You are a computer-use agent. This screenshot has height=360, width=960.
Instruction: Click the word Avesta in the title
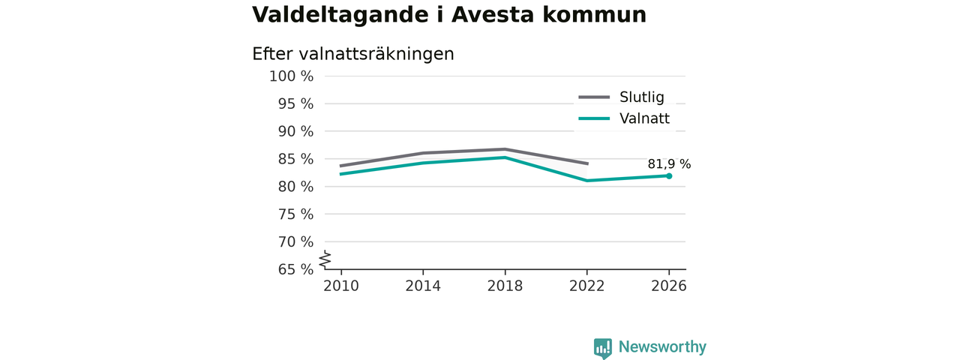pos(493,15)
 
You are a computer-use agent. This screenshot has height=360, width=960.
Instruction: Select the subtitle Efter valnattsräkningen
pos(352,55)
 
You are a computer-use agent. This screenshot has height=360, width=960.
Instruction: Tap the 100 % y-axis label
pos(292,76)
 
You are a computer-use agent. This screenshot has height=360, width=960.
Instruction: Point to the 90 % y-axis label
pos(295,131)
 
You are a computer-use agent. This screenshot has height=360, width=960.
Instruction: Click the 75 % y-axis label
pos(295,214)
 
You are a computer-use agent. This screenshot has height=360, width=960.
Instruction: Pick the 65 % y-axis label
pos(295,269)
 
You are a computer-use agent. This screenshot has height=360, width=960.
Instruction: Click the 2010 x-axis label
pos(341,286)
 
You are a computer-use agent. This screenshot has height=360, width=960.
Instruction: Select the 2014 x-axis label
pos(423,286)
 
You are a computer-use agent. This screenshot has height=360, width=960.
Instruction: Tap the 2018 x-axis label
pos(505,286)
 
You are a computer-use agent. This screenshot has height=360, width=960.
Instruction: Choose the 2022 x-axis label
pos(586,286)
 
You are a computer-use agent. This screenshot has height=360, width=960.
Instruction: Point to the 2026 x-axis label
pos(668,286)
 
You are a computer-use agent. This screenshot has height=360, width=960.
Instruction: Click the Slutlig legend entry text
pos(641,97)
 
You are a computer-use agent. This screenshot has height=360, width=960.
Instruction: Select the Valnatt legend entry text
pos(644,118)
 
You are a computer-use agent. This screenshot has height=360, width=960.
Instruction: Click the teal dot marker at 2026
pos(669,175)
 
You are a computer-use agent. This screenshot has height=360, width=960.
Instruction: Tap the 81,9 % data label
pos(669,164)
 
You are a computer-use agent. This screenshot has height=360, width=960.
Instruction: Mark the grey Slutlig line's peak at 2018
pos(505,149)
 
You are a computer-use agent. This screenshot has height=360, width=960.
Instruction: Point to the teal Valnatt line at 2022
pos(586,181)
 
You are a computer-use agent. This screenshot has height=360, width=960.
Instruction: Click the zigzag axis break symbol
pos(325,259)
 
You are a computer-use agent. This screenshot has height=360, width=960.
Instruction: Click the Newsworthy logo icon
pos(602,347)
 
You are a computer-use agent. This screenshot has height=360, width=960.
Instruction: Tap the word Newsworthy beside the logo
pos(662,346)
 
